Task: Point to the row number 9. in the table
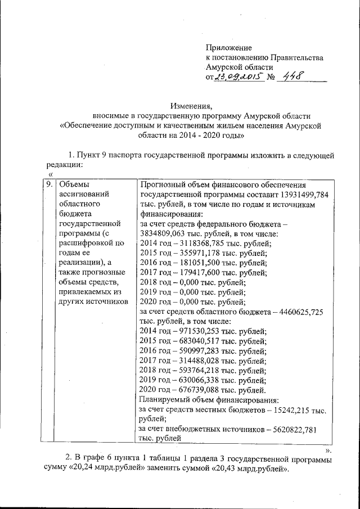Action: (x=49, y=184)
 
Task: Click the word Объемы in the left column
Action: (x=74, y=184)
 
